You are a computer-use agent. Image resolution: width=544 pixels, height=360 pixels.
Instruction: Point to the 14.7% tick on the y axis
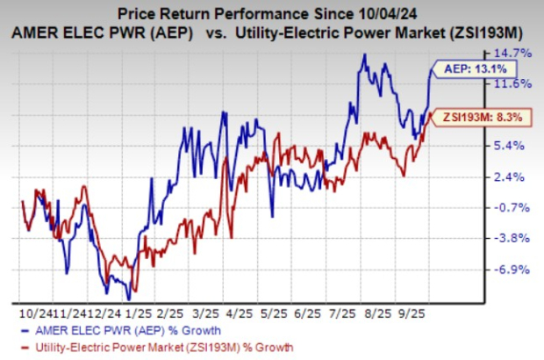[514, 54]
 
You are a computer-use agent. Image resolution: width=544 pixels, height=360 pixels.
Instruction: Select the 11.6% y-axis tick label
[514, 84]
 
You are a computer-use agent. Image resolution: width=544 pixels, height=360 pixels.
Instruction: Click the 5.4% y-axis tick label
[514, 146]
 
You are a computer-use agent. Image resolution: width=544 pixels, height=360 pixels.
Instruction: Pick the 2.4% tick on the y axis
[514, 176]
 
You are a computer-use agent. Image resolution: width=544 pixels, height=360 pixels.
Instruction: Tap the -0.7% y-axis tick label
[514, 207]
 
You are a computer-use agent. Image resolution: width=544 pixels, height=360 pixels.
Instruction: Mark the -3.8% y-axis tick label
[514, 238]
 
